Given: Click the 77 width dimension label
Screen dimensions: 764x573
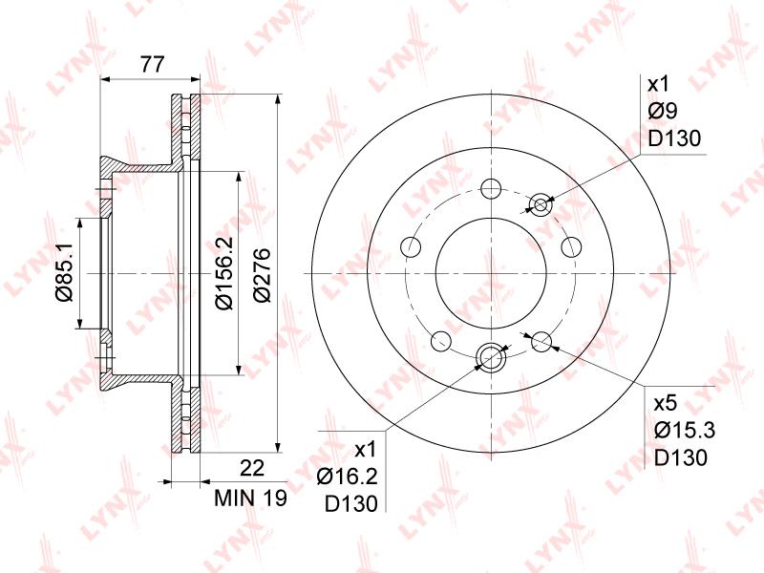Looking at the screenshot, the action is coord(153,64).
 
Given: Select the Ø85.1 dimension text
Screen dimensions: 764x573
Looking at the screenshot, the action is coord(64,272).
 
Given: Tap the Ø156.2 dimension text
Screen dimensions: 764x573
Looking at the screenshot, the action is coord(224,273).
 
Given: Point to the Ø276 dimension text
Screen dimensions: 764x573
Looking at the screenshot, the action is coord(261,275).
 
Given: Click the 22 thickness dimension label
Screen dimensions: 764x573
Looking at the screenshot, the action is coord(252,468).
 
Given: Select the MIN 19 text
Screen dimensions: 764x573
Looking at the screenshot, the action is coord(251,498).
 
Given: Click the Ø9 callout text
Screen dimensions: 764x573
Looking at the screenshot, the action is coord(663,112).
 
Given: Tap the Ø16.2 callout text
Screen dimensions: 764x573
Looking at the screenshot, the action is coord(347,477).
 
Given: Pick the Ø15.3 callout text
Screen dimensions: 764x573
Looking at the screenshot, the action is coord(685,431).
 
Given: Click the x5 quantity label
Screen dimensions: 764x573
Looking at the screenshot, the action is coord(666,403).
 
